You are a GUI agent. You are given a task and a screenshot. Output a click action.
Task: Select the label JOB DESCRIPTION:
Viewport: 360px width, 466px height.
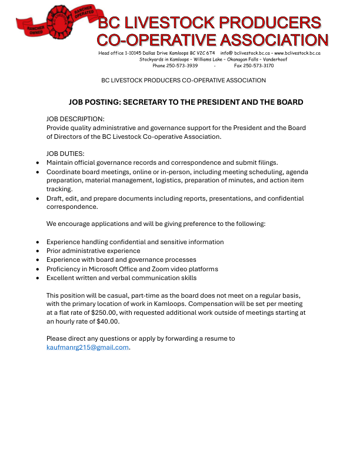[75, 119]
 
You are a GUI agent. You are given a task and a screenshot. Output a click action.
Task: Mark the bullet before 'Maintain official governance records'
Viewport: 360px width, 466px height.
[38, 163]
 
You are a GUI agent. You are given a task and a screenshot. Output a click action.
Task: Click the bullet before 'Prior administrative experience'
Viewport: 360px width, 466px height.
[38, 251]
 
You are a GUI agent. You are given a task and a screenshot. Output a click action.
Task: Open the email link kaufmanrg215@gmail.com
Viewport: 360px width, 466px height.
[87, 347]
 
